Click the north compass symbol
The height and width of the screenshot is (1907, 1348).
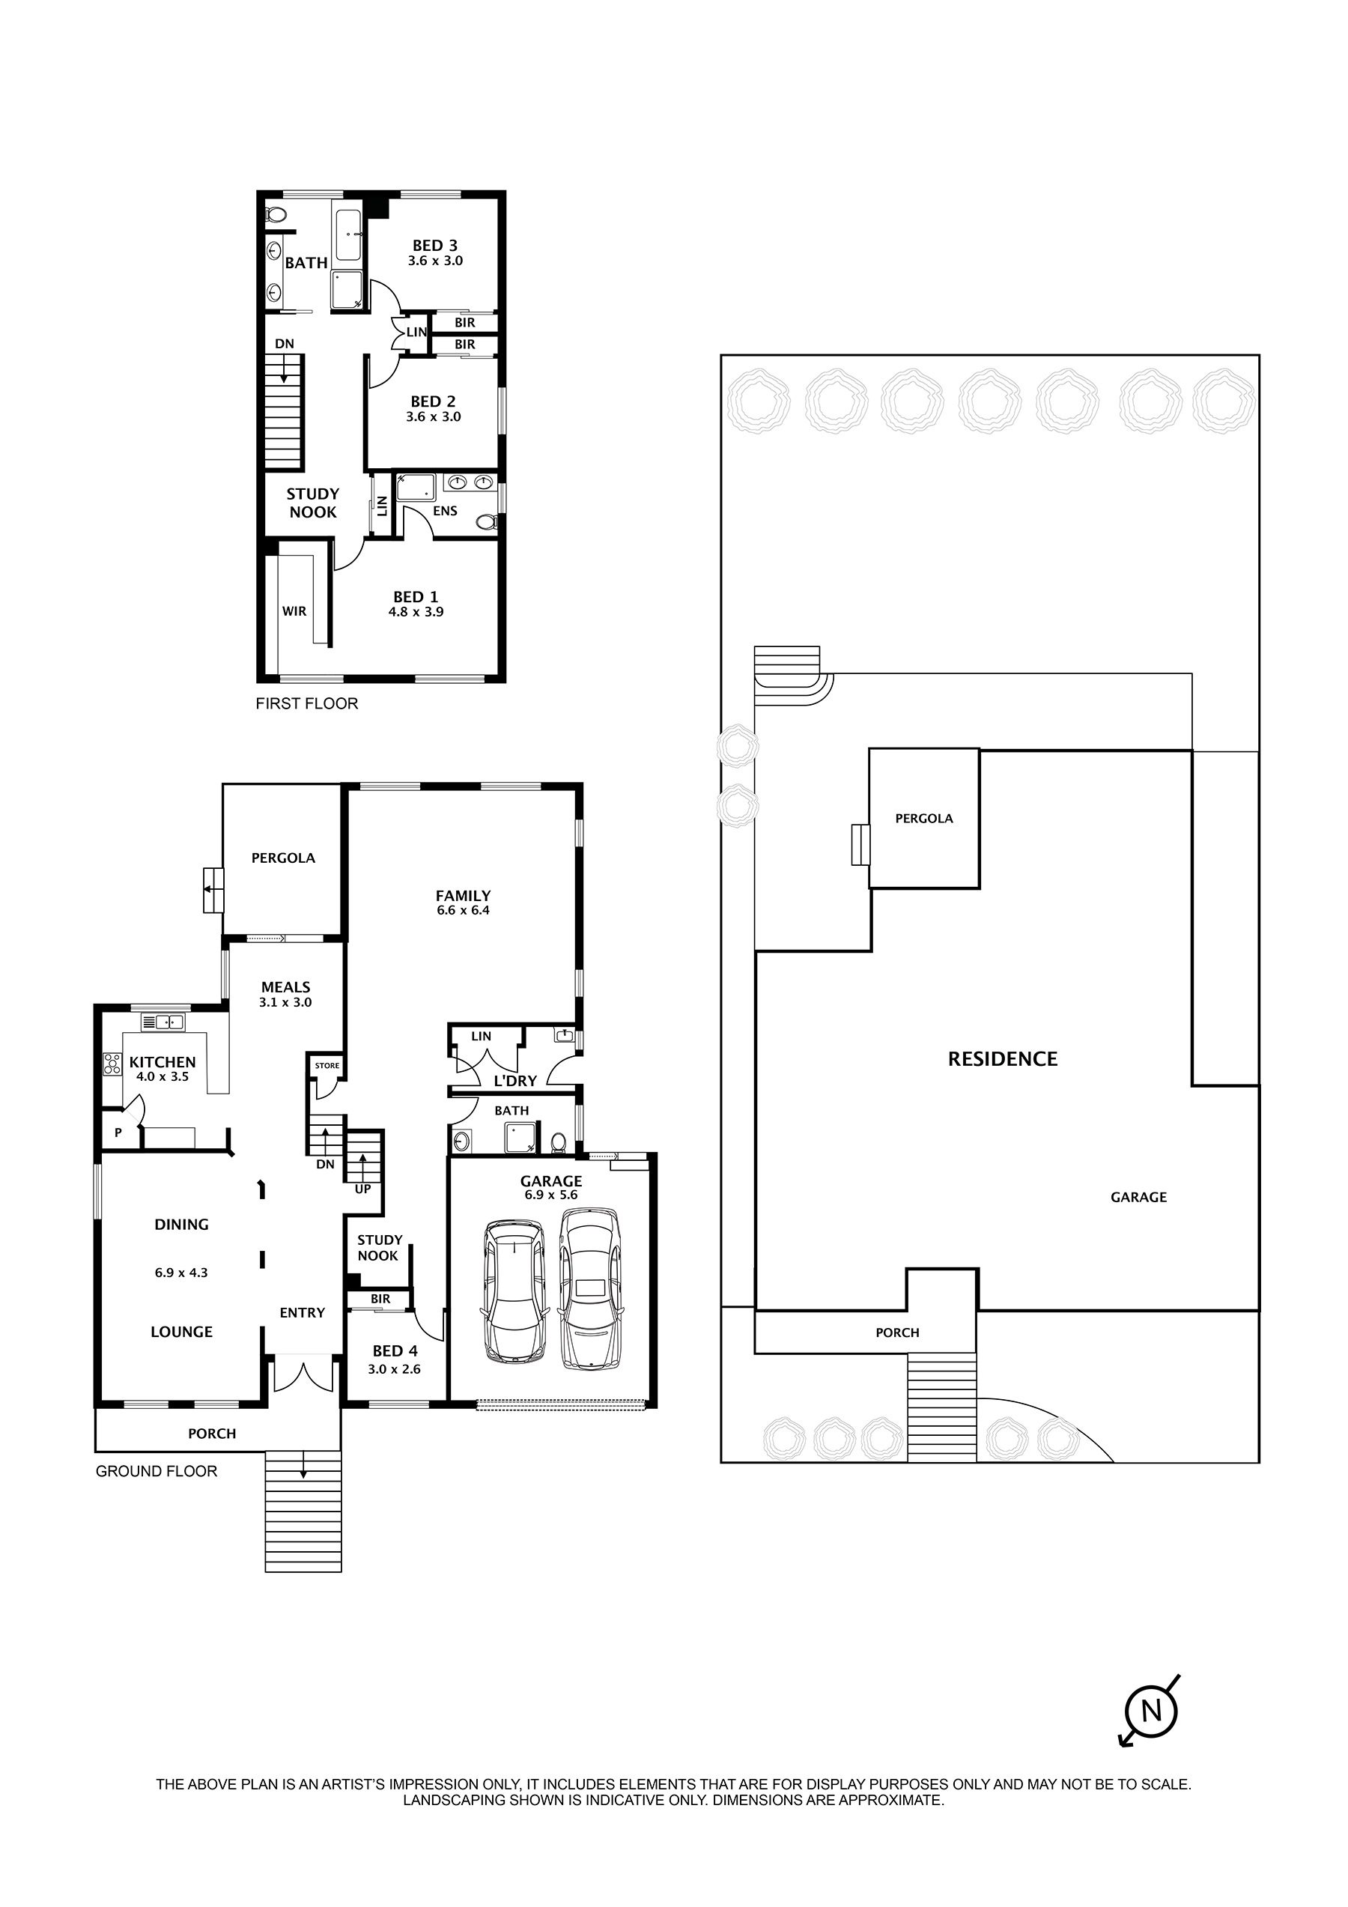tap(1151, 1711)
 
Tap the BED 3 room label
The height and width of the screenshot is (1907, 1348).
tap(434, 246)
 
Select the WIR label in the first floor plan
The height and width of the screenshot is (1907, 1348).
tap(294, 611)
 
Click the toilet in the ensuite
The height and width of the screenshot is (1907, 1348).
tap(487, 521)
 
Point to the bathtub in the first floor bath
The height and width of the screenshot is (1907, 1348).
tap(348, 235)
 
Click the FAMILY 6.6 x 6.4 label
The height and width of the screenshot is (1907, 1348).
tap(463, 902)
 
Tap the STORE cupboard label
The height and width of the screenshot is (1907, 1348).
tap(327, 1066)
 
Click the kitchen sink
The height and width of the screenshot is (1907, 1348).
tap(163, 1022)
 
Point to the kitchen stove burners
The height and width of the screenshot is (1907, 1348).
tap(112, 1064)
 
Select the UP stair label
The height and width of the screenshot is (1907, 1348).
tap(363, 1189)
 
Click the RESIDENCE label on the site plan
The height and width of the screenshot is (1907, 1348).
tap(1003, 1059)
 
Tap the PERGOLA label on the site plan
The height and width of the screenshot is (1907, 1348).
tap(923, 819)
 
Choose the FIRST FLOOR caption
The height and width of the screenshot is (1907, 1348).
tap(306, 703)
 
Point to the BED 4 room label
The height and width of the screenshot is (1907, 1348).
tap(395, 1351)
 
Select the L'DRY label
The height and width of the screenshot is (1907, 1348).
tap(515, 1081)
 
